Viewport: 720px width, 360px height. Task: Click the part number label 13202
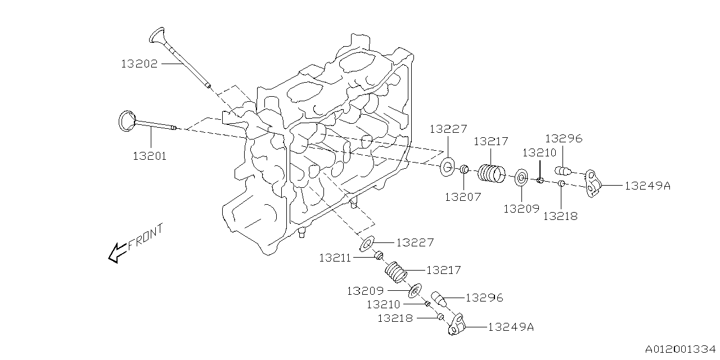click(139, 64)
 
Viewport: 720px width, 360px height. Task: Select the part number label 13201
click(150, 156)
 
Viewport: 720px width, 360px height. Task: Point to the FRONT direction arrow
click(117, 253)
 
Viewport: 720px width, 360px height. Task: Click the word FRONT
click(146, 237)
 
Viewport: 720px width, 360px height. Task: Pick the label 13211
click(335, 258)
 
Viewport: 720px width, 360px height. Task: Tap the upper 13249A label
click(647, 186)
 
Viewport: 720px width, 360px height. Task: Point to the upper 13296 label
click(563, 138)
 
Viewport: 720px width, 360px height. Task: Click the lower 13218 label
click(395, 318)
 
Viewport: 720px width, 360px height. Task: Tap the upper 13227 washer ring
click(448, 167)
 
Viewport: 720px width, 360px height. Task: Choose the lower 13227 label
click(415, 242)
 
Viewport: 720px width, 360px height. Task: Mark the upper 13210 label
click(539, 152)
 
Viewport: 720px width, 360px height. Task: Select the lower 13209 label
click(365, 291)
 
